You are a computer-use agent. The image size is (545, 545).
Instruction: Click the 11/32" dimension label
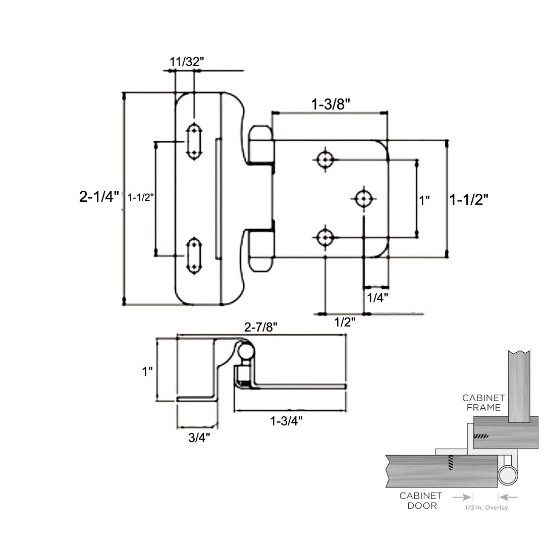pyautogui.click(x=187, y=62)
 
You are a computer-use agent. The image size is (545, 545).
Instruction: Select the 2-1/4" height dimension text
pyautogui.click(x=99, y=197)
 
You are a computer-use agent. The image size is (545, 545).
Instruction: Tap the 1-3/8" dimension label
pyautogui.click(x=331, y=104)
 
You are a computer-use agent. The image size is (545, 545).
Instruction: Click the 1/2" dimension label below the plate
pyautogui.click(x=345, y=322)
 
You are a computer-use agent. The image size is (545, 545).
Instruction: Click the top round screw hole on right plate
pyautogui.click(x=325, y=160)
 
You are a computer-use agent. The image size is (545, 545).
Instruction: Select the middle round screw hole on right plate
pyautogui.click(x=363, y=199)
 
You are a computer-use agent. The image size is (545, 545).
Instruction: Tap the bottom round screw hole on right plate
pyautogui.click(x=325, y=237)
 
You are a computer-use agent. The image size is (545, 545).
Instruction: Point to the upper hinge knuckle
pyautogui.click(x=260, y=145)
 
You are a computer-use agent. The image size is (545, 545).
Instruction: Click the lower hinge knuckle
pyautogui.click(x=260, y=250)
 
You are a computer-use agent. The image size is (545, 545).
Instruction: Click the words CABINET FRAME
pyautogui.click(x=483, y=403)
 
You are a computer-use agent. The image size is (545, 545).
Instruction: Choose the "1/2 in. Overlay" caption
pyautogui.click(x=486, y=508)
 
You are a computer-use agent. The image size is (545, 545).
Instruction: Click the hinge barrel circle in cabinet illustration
pyautogui.click(x=509, y=475)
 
